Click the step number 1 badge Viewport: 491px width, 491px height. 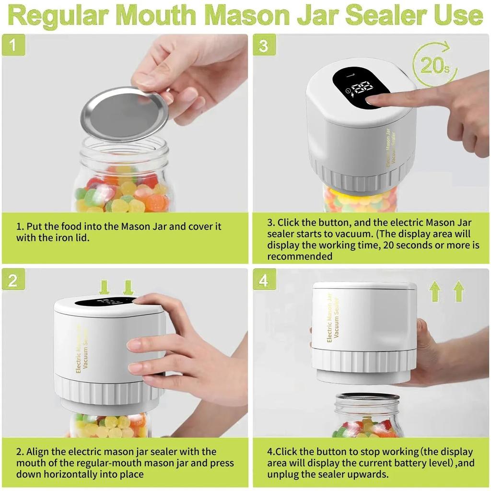[x=13, y=46]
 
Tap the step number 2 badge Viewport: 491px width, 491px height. [x=13, y=280]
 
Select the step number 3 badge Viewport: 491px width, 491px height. [x=264, y=46]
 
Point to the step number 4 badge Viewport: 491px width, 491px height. [x=264, y=280]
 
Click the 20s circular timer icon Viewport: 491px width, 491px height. [x=434, y=65]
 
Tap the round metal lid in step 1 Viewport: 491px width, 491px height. [x=124, y=114]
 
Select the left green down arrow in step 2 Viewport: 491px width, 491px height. [x=105, y=287]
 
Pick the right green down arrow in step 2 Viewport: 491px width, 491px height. [x=128, y=287]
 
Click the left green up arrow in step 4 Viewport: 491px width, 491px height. [x=435, y=292]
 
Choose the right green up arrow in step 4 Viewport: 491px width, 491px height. [x=459, y=292]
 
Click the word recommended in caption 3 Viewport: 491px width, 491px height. [x=300, y=256]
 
